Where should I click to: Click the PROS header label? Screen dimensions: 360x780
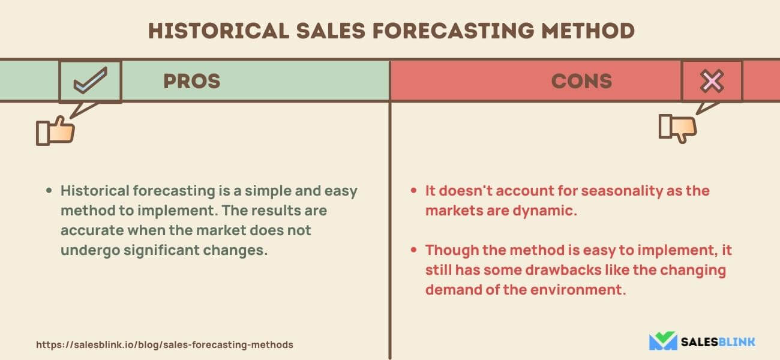tap(191, 81)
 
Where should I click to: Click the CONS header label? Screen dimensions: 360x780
tap(581, 81)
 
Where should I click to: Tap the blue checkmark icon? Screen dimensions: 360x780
tap(90, 82)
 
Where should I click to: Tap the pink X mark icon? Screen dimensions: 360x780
tap(712, 81)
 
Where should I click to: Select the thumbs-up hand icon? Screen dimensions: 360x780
tap(55, 131)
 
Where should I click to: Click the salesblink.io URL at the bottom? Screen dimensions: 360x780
tap(164, 345)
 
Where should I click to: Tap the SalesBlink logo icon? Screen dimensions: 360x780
tap(662, 341)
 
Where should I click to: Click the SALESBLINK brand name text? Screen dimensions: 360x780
tap(718, 342)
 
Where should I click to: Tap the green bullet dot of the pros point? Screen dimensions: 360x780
tap(50, 191)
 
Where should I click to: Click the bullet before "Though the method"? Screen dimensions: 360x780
tap(413, 250)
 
